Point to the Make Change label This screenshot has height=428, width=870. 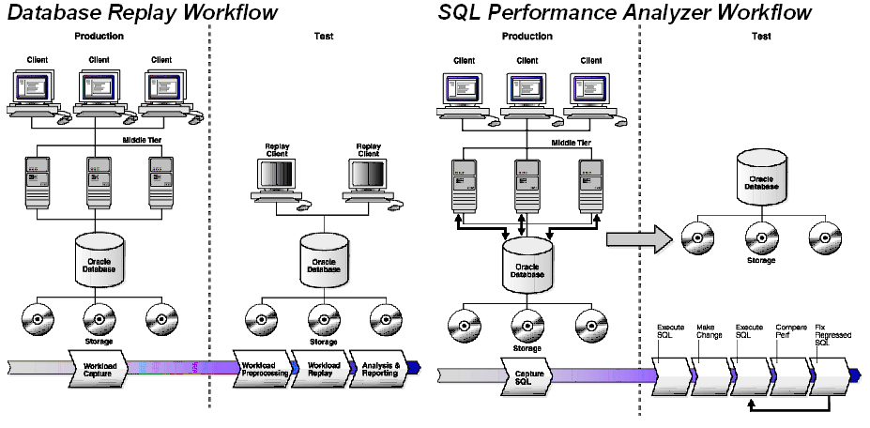coord(710,331)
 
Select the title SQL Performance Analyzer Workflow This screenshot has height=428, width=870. coord(625,12)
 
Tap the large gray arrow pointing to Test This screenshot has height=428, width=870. coord(639,239)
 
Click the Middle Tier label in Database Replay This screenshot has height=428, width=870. coord(144,142)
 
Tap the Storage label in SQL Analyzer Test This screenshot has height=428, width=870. coord(761,260)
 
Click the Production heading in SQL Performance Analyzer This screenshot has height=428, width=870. coord(527,37)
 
